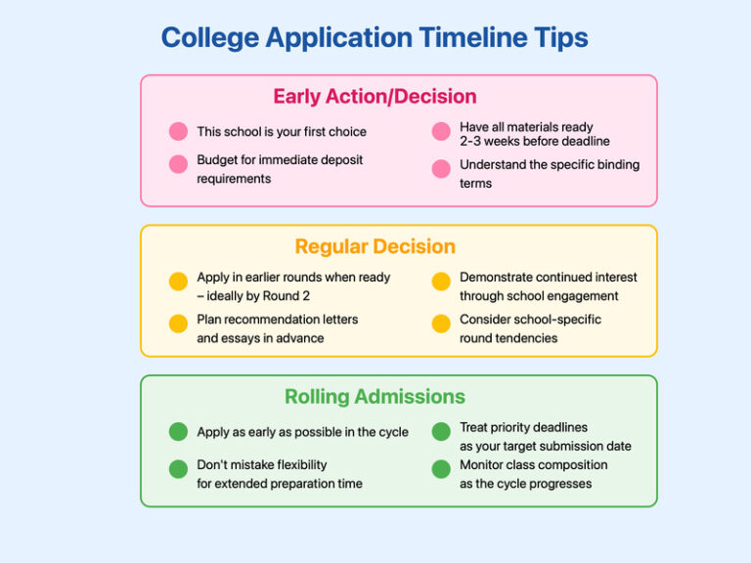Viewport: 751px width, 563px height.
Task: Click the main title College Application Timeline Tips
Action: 375,38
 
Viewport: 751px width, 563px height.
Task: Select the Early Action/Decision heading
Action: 375,97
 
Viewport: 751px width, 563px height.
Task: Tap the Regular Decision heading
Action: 375,246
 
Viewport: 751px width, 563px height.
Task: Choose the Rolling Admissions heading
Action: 375,397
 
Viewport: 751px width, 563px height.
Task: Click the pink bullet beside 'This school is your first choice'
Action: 178,131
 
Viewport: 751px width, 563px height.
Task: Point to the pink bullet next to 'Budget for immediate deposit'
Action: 178,164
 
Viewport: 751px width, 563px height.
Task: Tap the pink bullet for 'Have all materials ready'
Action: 441,131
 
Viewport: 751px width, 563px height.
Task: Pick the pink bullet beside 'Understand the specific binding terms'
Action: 441,168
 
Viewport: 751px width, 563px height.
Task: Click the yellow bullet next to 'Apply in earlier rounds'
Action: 178,281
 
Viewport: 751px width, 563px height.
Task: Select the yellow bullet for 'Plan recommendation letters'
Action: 178,324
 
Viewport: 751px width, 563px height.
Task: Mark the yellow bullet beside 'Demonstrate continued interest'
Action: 441,281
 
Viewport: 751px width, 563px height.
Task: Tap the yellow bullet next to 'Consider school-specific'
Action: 441,324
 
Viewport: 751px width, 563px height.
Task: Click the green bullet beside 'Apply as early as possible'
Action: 178,431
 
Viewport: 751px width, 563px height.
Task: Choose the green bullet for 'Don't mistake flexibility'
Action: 178,469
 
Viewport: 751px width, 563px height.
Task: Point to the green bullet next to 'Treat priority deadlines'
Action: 441,431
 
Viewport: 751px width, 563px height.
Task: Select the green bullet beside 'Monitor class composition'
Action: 441,469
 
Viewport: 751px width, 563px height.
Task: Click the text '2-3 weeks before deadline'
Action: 534,142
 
